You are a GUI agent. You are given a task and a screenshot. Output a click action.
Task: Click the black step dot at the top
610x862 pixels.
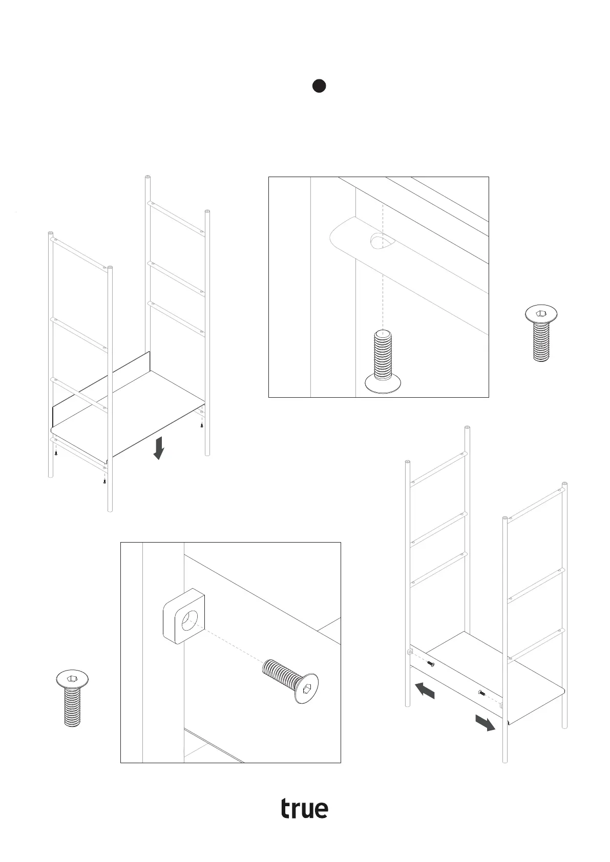pos(319,86)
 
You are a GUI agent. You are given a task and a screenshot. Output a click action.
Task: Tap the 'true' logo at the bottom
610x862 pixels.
pos(304,808)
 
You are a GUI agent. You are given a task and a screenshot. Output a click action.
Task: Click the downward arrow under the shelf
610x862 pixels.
pos(159,447)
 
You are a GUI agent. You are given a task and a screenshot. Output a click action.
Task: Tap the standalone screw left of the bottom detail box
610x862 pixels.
pos(72,698)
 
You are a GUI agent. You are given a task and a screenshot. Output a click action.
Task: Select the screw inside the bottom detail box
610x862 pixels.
pos(290,681)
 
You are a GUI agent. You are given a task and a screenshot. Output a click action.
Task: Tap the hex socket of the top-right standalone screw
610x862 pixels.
pos(541,314)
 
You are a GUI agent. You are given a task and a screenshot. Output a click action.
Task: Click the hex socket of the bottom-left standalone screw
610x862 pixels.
pos(72,679)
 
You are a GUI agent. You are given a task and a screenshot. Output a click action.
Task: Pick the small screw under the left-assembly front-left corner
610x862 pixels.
pos(56,452)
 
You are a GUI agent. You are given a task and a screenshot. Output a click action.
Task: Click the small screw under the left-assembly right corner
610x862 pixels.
pos(202,424)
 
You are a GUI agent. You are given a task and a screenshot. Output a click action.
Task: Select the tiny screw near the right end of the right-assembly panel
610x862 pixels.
pos(481,693)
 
